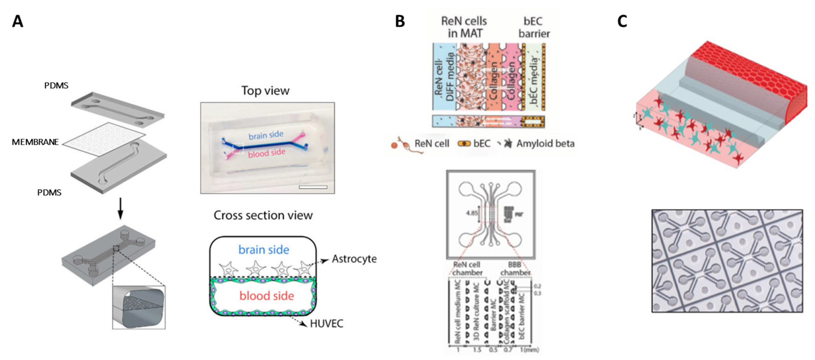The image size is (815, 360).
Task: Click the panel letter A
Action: click(18, 22)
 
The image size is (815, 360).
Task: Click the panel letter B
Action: click(400, 22)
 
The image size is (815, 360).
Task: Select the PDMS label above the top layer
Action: click(56, 86)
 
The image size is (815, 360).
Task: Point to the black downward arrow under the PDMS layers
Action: click(120, 209)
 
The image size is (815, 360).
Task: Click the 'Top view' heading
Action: click(265, 91)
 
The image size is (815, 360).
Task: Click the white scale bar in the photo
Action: click(313, 187)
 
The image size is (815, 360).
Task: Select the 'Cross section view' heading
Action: click(263, 215)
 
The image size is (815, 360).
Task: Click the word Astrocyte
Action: click(354, 259)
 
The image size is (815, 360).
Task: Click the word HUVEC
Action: click(326, 324)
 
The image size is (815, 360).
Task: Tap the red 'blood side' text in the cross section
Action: click(266, 296)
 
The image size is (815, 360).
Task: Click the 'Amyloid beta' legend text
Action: click(546, 144)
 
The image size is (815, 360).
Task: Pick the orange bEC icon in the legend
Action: click(464, 144)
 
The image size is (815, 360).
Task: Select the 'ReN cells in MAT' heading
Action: click(464, 27)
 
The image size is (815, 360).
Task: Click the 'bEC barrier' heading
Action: click(534, 27)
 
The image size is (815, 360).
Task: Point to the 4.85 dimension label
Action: click(471, 213)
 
